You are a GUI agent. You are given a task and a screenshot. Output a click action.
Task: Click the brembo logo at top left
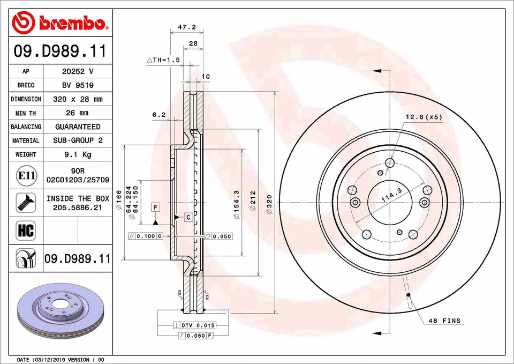[x=60, y=22]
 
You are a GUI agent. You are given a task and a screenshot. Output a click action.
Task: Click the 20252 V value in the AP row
[x=78, y=71]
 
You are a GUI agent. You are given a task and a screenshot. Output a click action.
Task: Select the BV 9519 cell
[x=78, y=85]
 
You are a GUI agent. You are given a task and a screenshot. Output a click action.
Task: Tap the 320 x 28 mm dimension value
[x=78, y=99]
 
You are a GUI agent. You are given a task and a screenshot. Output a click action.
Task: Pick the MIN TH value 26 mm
[x=78, y=113]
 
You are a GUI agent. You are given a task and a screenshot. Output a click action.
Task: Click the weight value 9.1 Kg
[x=78, y=154]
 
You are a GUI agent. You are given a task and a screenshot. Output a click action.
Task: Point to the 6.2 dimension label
[x=158, y=114]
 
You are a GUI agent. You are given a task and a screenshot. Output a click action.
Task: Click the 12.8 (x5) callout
[x=424, y=117]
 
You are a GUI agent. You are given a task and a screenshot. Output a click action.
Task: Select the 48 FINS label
[x=444, y=321]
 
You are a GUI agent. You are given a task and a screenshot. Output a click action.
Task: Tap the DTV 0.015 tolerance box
[x=194, y=325]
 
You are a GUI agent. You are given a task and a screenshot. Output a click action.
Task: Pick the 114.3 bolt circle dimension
[x=391, y=199]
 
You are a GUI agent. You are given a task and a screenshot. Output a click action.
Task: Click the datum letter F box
[x=155, y=207]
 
